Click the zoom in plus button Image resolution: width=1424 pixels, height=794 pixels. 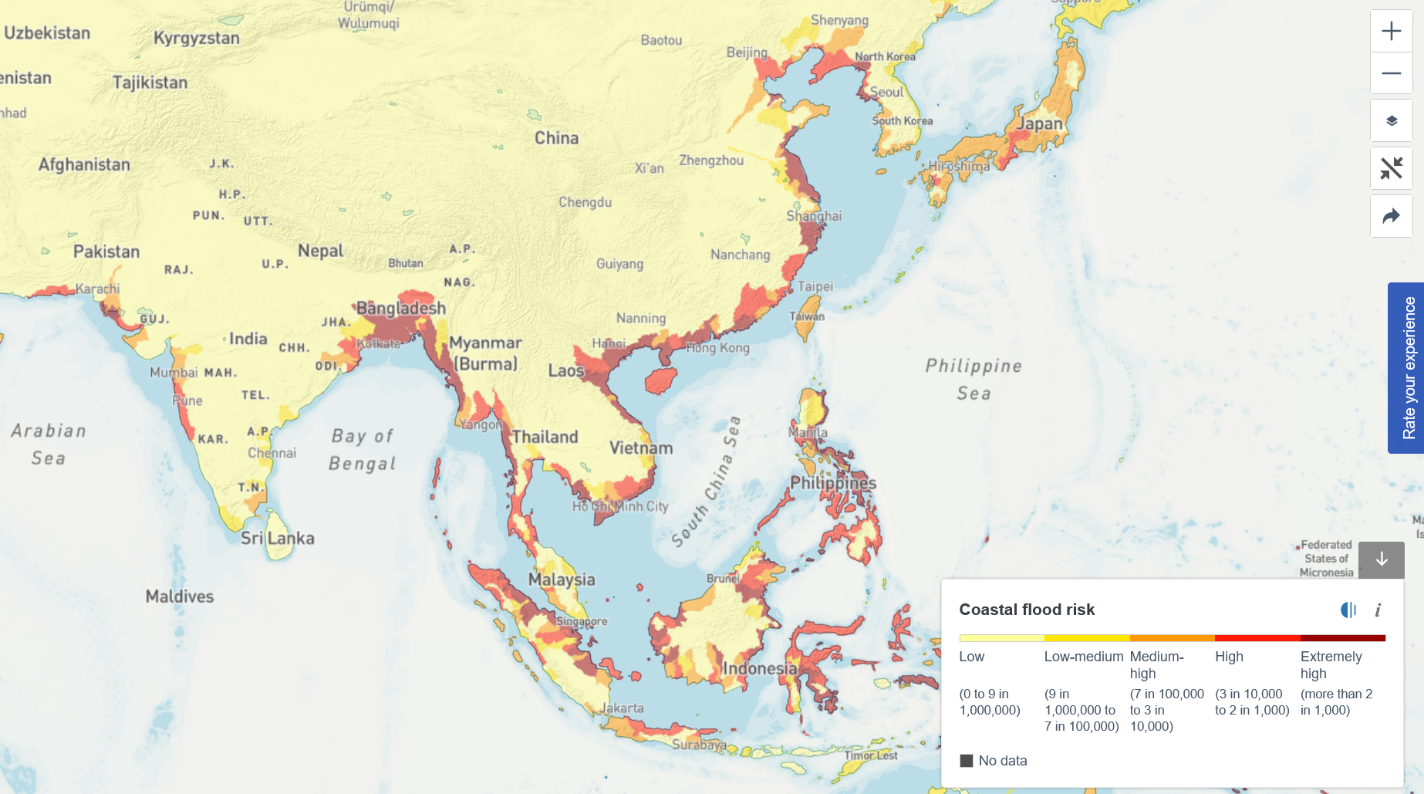click(x=1391, y=31)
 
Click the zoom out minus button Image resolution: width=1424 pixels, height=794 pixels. click(x=1391, y=73)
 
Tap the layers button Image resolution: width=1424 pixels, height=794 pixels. click(x=1391, y=121)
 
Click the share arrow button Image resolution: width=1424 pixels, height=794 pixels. click(x=1391, y=216)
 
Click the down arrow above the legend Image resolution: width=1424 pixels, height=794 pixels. click(x=1381, y=559)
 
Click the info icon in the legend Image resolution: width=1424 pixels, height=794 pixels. click(x=1378, y=610)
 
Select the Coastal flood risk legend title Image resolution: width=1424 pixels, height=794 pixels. click(x=1026, y=610)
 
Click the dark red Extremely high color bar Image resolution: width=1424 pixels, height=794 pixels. click(x=1342, y=638)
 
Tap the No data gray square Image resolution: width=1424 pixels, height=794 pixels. click(x=966, y=761)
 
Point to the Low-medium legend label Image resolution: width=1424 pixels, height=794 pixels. click(x=1083, y=657)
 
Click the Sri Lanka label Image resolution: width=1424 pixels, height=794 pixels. click(x=277, y=538)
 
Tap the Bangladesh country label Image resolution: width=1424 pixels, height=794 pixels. click(x=400, y=308)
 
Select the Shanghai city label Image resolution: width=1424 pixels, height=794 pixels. click(x=813, y=216)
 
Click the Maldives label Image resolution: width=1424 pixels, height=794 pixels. click(x=179, y=596)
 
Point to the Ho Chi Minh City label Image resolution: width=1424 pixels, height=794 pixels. click(x=619, y=506)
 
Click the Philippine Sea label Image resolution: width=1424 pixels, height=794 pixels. click(x=974, y=379)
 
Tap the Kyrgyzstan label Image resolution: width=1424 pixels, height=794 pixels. click(x=196, y=38)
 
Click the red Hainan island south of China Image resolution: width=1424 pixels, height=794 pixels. click(x=661, y=380)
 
